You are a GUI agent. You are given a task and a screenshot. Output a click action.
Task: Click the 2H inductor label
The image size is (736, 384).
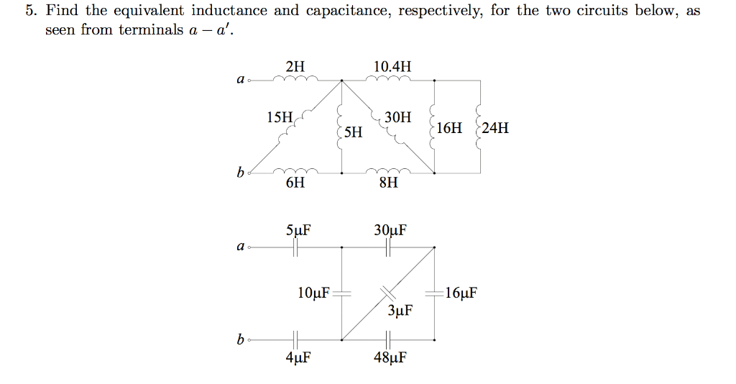[x=295, y=67]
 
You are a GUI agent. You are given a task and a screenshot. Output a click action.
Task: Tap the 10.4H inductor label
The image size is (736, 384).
[x=392, y=67]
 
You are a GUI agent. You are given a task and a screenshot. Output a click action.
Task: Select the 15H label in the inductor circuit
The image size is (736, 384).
[x=280, y=116]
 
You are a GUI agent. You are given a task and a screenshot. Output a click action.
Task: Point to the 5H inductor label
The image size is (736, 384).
[x=353, y=132]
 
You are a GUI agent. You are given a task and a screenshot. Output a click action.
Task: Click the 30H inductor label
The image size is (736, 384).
[x=398, y=116]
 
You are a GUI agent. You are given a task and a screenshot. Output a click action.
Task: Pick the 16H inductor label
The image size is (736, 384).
[x=450, y=129]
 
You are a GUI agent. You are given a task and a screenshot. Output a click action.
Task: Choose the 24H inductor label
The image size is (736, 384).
[x=496, y=129]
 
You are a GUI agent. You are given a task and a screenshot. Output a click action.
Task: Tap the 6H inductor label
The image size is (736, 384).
[x=295, y=183]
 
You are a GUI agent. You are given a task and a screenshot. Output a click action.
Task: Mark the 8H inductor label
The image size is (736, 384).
[x=388, y=183]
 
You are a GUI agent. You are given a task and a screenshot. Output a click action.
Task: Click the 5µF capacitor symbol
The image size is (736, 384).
[x=295, y=247]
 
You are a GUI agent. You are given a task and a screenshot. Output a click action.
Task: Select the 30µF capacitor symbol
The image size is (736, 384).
[x=389, y=247]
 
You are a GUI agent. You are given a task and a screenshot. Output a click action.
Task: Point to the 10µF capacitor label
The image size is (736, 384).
[x=313, y=293]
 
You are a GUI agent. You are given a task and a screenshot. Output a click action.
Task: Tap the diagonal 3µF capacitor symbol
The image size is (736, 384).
[x=388, y=292]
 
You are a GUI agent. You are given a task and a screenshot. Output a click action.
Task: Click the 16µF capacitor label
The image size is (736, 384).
[x=461, y=293]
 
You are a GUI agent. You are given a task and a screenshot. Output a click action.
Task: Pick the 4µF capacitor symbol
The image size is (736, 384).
[x=295, y=339]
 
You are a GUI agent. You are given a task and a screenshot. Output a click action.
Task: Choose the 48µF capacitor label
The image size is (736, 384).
[x=390, y=357]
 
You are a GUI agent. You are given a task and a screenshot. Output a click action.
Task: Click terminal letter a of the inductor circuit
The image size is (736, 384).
[x=240, y=80]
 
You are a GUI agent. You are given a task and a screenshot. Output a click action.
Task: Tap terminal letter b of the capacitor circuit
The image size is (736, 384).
[x=240, y=339]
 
